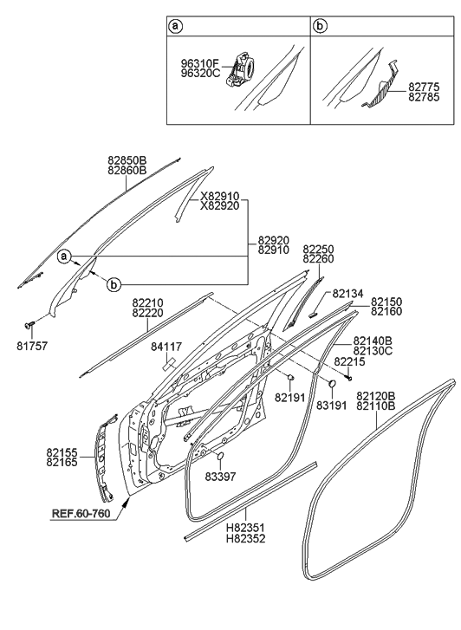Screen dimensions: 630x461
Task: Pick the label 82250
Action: click(x=319, y=249)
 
